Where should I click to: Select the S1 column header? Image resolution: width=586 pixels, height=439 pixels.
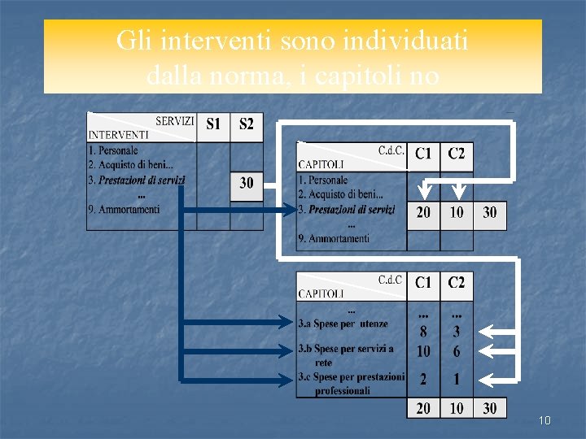point(213,124)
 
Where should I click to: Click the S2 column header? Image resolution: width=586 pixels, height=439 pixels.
point(247,124)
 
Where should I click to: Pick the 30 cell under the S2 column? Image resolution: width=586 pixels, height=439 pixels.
point(247,184)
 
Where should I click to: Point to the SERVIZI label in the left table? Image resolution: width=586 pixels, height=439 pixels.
point(175,121)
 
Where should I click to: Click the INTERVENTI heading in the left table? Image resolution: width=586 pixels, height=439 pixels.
point(118,135)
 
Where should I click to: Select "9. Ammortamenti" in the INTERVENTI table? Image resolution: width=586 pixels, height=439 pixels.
point(124,210)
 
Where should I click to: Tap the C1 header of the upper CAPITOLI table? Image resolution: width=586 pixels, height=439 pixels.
point(423,153)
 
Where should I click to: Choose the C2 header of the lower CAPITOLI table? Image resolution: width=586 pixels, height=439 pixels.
point(457,283)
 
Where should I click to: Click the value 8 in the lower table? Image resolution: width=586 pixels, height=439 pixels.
point(423,332)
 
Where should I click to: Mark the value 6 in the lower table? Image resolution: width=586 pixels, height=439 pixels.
point(457,351)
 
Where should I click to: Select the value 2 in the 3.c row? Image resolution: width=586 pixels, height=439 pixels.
point(423,379)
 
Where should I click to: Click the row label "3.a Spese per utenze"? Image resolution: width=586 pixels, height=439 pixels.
point(343,324)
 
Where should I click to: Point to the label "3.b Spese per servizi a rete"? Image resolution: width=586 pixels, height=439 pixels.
point(345,354)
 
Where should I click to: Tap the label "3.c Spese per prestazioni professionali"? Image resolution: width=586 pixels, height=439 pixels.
point(350,384)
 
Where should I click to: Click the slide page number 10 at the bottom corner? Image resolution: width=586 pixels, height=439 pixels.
point(544,420)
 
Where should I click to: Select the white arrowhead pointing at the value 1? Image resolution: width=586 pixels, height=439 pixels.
point(483,379)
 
